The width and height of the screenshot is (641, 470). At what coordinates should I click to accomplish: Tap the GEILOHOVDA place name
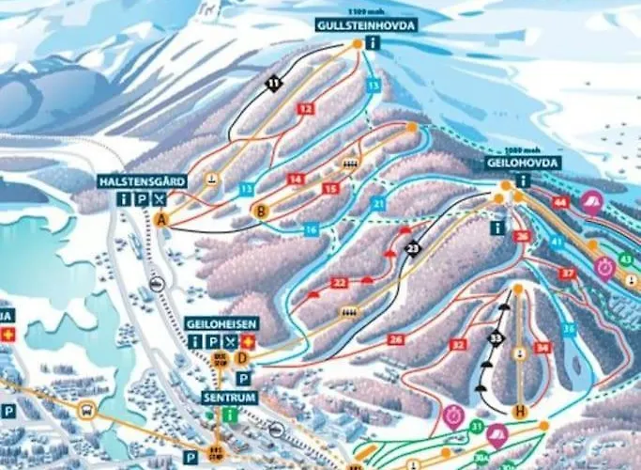(x=523, y=163)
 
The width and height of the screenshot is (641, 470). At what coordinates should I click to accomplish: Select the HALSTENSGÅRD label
(x=142, y=180)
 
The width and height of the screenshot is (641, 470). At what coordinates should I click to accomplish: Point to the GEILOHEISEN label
(x=221, y=323)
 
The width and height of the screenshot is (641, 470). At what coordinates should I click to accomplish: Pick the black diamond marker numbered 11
(x=273, y=85)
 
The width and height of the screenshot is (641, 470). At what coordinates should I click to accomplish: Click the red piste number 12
(x=304, y=109)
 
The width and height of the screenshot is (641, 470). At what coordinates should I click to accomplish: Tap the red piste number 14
(x=296, y=179)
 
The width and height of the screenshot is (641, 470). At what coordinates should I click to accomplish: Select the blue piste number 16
(x=311, y=229)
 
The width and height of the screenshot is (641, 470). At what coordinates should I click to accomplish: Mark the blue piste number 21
(x=378, y=204)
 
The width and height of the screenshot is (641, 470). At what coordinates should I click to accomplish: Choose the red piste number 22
(x=340, y=282)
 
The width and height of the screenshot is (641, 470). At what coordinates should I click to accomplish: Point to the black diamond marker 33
(x=495, y=337)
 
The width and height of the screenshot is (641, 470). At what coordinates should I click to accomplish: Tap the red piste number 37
(x=567, y=273)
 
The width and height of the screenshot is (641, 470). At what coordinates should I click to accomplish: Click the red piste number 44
(x=560, y=202)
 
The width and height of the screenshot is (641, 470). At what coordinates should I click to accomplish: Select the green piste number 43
(x=626, y=259)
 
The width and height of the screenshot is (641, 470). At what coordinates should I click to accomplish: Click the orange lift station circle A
(x=162, y=219)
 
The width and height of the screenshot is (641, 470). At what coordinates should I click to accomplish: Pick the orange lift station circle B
(x=262, y=211)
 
